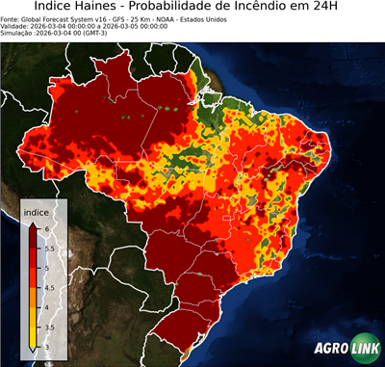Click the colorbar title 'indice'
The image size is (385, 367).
[x=37, y=212]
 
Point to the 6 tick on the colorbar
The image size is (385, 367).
[x=46, y=227]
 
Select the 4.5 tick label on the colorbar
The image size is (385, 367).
[x=49, y=287]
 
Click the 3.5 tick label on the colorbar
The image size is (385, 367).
[x=49, y=328]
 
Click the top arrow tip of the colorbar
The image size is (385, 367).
[x=33, y=223]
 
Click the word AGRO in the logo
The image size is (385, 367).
[x=329, y=349]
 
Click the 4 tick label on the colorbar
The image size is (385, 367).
[x=46, y=307]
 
